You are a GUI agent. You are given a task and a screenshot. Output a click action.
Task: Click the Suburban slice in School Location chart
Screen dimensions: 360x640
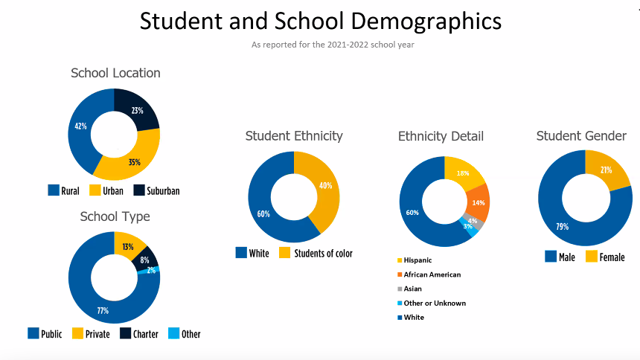coord(139,111)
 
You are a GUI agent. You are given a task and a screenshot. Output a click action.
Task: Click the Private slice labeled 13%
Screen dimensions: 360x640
coord(128,247)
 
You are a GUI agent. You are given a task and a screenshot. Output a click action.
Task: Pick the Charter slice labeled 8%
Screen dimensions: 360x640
coord(145,260)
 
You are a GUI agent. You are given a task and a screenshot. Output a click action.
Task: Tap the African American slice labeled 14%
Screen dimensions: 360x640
coord(477,203)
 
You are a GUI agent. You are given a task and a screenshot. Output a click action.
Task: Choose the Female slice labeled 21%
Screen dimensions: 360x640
coord(607,170)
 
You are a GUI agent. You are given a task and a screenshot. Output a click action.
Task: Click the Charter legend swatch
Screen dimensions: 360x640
coord(126,333)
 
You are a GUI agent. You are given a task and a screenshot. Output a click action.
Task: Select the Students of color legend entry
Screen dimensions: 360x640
coord(316,253)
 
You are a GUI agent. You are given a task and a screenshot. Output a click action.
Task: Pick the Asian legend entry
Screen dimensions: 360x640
coord(412,289)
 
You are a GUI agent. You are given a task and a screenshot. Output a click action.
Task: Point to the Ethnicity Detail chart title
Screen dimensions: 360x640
coord(441,136)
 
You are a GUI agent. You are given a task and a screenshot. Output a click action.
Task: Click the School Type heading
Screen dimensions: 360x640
coord(115,216)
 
